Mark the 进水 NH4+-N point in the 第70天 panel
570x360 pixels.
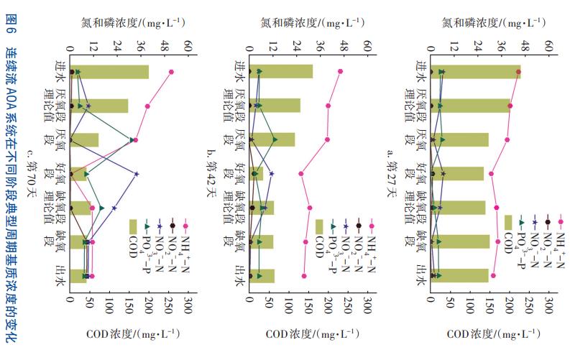click(171, 72)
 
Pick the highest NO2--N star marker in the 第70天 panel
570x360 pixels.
click(136, 174)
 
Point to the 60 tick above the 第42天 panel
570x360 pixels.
click(367, 45)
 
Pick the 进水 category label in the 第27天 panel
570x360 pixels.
click(421, 72)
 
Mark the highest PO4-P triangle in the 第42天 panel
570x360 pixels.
click(275, 139)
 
